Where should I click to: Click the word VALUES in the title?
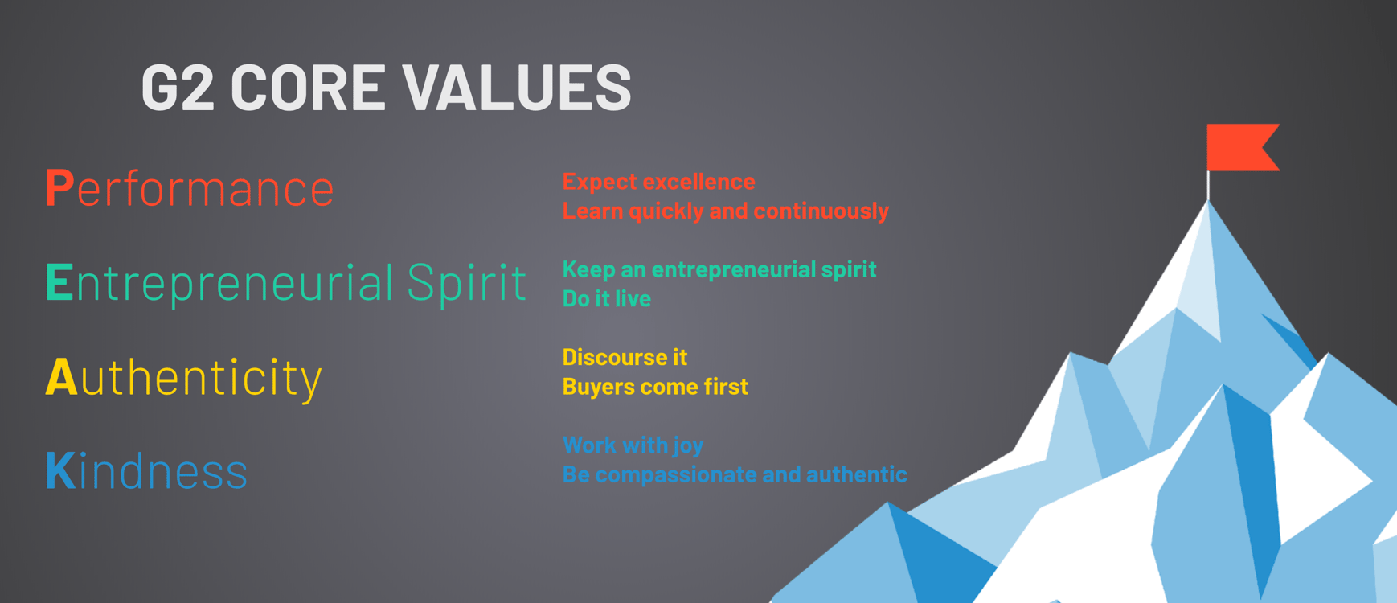click(517, 87)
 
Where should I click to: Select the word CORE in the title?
click(308, 87)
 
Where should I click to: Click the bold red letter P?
click(59, 188)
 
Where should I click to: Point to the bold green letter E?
click(59, 282)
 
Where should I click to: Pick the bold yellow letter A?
click(61, 376)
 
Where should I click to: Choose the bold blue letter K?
click(60, 470)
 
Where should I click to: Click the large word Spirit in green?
click(466, 284)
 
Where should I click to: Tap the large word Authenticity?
click(184, 378)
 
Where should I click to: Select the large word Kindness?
click(147, 471)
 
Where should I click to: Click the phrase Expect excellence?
click(658, 182)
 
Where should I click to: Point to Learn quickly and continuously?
click(725, 211)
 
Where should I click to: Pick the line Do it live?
click(606, 299)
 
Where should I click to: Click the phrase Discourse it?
click(625, 357)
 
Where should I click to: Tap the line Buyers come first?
click(655, 387)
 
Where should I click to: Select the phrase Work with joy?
click(633, 445)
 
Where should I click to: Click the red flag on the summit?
click(1239, 147)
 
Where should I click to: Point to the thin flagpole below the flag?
click(1207, 186)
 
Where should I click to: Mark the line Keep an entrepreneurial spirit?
click(719, 269)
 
